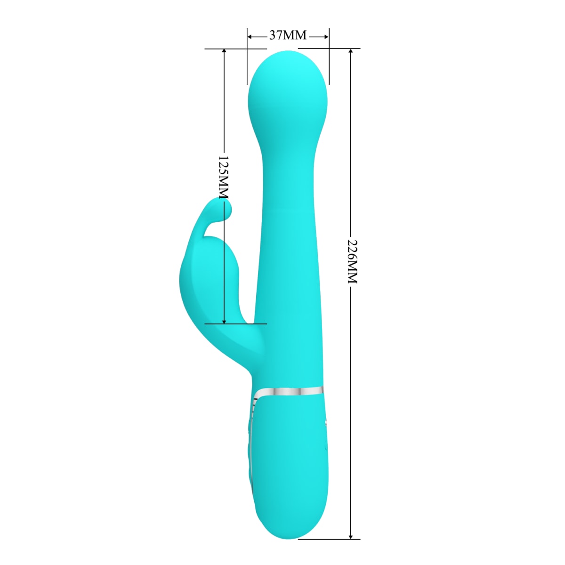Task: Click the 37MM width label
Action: click(x=288, y=35)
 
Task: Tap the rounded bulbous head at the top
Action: click(x=286, y=89)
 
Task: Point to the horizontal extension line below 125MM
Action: click(x=235, y=324)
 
